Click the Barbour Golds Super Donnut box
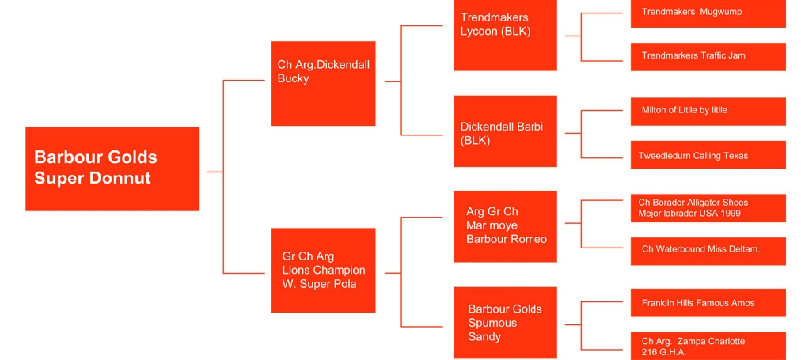pos(112,169)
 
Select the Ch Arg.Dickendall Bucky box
pos(323,83)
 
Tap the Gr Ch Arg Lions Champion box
pos(323,270)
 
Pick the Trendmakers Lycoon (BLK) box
pos(505,35)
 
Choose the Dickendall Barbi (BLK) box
pos(505,131)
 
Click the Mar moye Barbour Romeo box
pos(505,225)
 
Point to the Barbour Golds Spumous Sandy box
pos(505,322)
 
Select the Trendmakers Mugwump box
pos(708,13)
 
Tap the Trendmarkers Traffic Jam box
pos(708,56)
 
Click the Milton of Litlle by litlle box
pos(708,111)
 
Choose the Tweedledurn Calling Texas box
pos(708,155)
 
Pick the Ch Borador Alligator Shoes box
pos(708,207)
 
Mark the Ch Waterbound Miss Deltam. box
pos(708,250)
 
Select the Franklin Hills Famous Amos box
pos(708,303)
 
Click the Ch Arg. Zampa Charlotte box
pos(708,346)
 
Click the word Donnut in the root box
pos(123,178)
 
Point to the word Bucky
pos(294,78)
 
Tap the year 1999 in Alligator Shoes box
pos(733,214)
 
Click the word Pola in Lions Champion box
pos(343,284)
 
